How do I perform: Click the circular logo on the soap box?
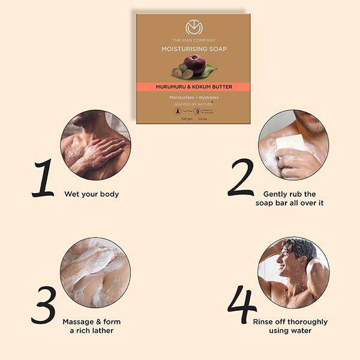194,28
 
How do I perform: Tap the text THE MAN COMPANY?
194,40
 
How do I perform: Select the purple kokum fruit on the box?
194,63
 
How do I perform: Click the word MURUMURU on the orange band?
175,87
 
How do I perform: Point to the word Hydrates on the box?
207,97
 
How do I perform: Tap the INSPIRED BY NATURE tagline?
193,103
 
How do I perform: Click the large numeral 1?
43,178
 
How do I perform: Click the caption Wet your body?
92,194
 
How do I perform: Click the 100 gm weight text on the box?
186,118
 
